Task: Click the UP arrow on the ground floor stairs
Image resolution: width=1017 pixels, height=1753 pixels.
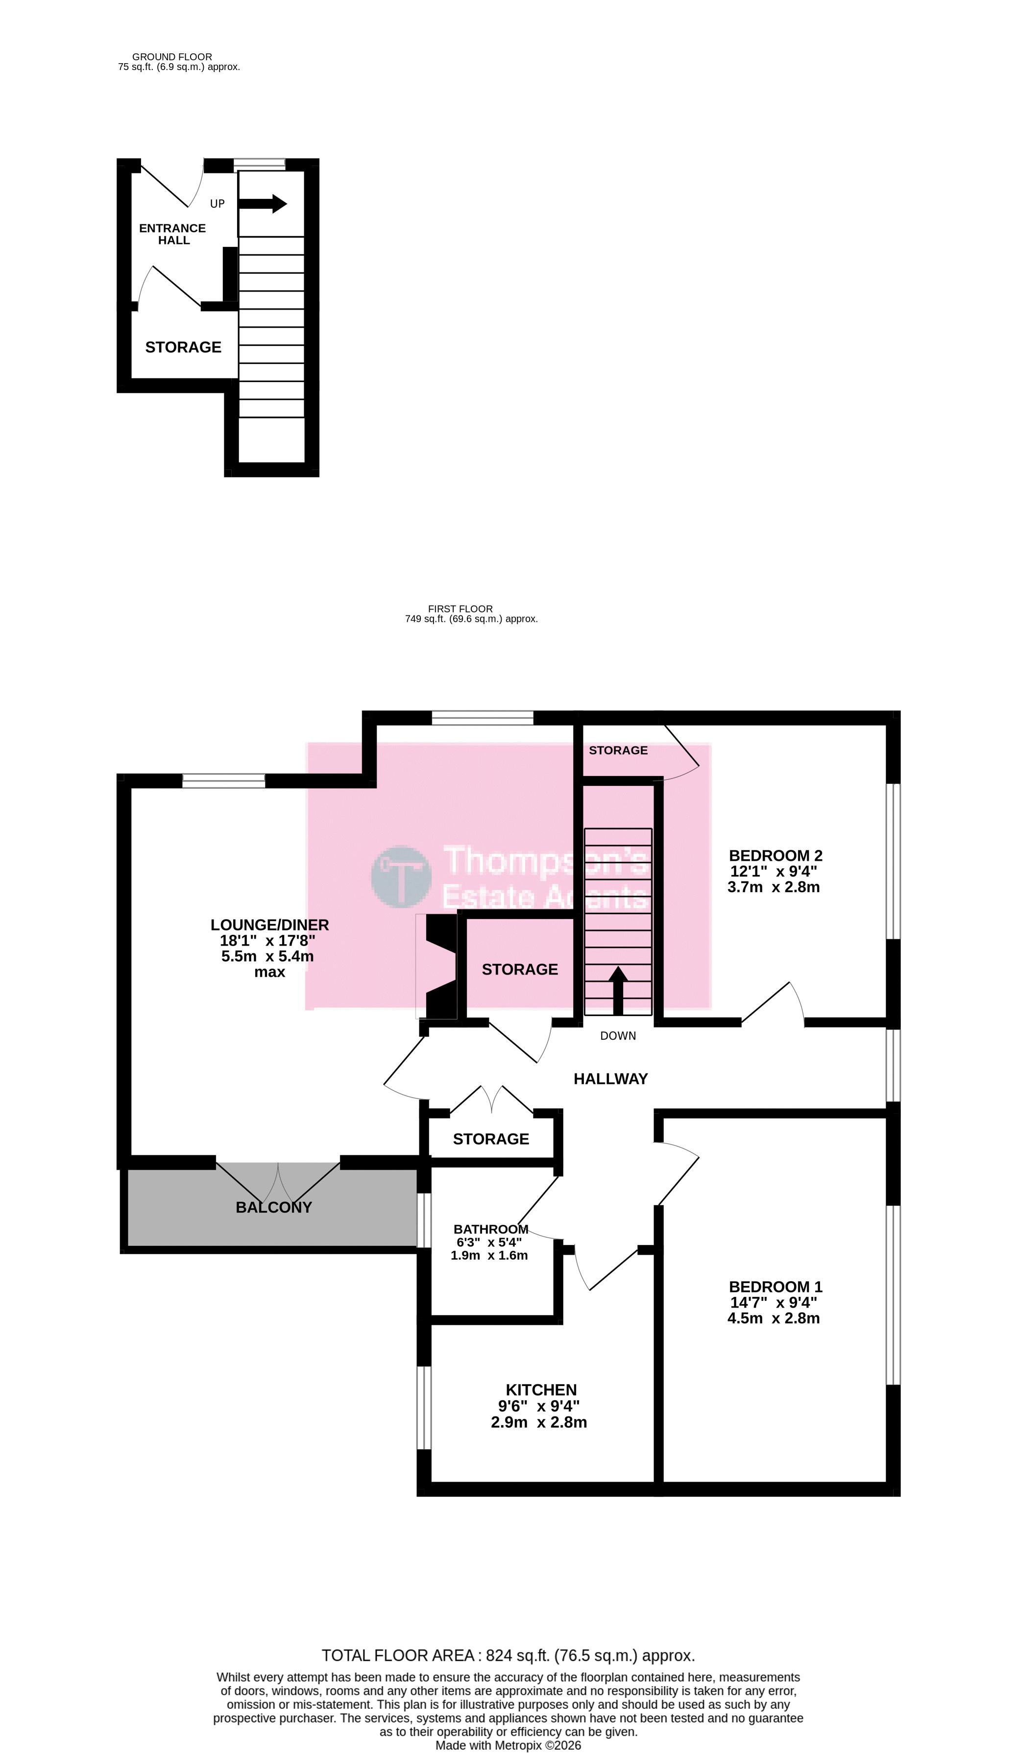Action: [262, 204]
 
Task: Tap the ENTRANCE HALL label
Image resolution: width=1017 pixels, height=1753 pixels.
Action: [172, 234]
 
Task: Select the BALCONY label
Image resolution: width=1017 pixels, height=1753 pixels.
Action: [273, 1207]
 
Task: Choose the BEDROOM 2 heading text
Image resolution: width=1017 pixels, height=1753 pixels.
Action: [775, 855]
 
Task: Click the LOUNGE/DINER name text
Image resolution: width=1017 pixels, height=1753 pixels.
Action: [270, 925]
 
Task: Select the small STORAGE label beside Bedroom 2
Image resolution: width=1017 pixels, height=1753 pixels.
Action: [618, 750]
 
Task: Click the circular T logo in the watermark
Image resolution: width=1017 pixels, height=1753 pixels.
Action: [401, 876]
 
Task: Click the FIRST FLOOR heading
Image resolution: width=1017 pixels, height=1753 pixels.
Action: [460, 609]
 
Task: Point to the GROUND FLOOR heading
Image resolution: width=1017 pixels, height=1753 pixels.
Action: [172, 57]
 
